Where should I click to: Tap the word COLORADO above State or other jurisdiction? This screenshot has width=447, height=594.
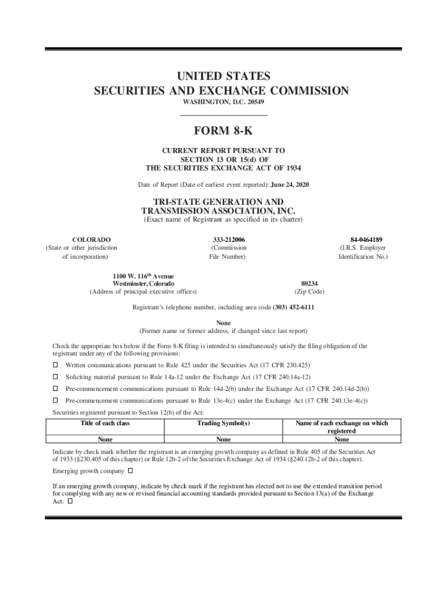pos(92,239)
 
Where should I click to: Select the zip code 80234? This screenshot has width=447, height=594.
pos(309,284)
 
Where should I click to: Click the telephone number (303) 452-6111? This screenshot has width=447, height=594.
pos(290,307)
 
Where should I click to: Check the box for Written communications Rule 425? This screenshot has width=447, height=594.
pos(56,365)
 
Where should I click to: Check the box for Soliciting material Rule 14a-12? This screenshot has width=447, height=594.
pos(56,377)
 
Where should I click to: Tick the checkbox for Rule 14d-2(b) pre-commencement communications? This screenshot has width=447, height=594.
pos(56,389)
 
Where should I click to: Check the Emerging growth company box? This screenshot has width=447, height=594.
pos(130,470)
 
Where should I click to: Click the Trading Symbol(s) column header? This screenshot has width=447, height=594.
pos(223,423)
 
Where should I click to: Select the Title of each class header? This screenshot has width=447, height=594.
pos(106,423)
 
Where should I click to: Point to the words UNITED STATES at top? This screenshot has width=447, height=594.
pos(223,76)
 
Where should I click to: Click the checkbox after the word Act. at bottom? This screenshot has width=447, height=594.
pos(70,501)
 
